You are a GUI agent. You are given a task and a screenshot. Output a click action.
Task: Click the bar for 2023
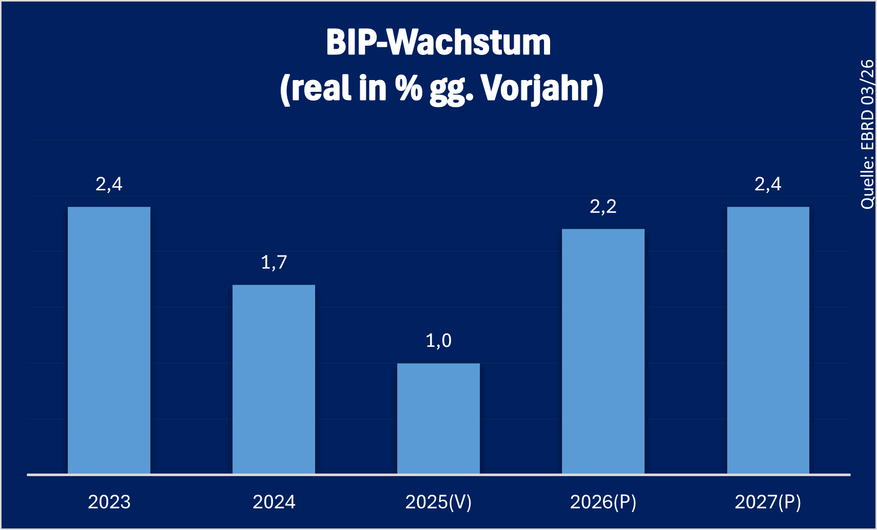109,340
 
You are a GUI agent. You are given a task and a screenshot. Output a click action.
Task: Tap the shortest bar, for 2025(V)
438,418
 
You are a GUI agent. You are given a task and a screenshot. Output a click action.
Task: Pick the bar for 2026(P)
603,351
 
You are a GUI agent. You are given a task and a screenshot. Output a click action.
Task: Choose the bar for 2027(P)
768,340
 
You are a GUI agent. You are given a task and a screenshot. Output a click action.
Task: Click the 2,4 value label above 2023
109,184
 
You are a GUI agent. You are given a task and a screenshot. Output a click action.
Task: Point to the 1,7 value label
274,263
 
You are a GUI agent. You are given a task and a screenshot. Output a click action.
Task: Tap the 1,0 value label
438,341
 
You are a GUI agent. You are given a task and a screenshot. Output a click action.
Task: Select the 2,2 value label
603,207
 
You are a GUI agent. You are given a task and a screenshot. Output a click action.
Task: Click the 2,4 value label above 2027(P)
768,184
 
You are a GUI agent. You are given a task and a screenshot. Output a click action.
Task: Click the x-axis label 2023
109,502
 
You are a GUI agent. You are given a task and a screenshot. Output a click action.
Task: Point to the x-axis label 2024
274,502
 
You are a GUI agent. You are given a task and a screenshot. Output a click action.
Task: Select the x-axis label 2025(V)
438,502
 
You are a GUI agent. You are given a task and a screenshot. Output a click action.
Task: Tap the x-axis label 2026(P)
603,502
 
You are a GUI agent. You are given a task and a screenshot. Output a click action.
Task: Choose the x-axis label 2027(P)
768,502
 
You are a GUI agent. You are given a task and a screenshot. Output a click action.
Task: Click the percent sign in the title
408,88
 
